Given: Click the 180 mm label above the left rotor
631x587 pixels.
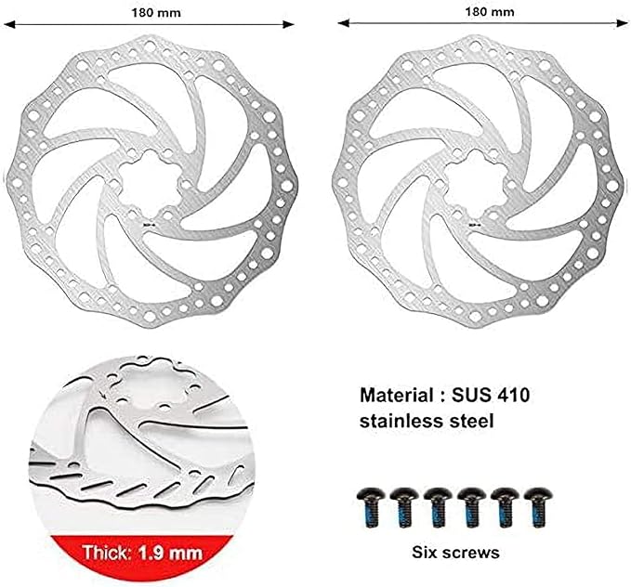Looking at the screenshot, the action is point(156,13).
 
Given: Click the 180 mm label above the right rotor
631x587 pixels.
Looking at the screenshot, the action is point(490,12).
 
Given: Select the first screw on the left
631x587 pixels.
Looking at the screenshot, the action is point(371,507).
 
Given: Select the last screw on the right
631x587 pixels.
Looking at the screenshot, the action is point(538,507).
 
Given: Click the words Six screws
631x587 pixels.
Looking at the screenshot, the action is point(455,553).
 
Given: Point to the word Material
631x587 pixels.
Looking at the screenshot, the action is point(397,396).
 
